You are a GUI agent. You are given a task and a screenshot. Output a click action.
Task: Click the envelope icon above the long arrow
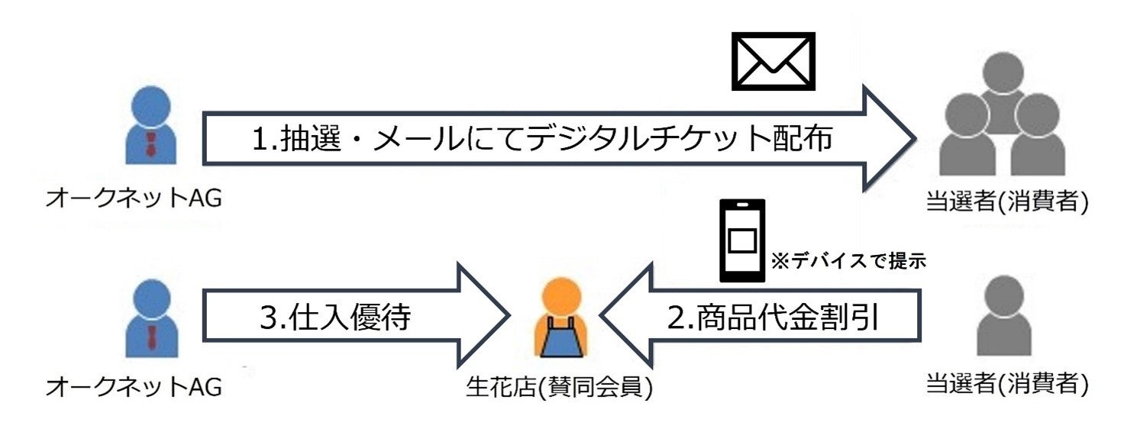[x=774, y=61]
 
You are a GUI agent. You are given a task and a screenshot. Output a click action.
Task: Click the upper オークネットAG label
[x=134, y=200]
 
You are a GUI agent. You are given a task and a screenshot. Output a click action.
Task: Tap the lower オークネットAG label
[x=134, y=387]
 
